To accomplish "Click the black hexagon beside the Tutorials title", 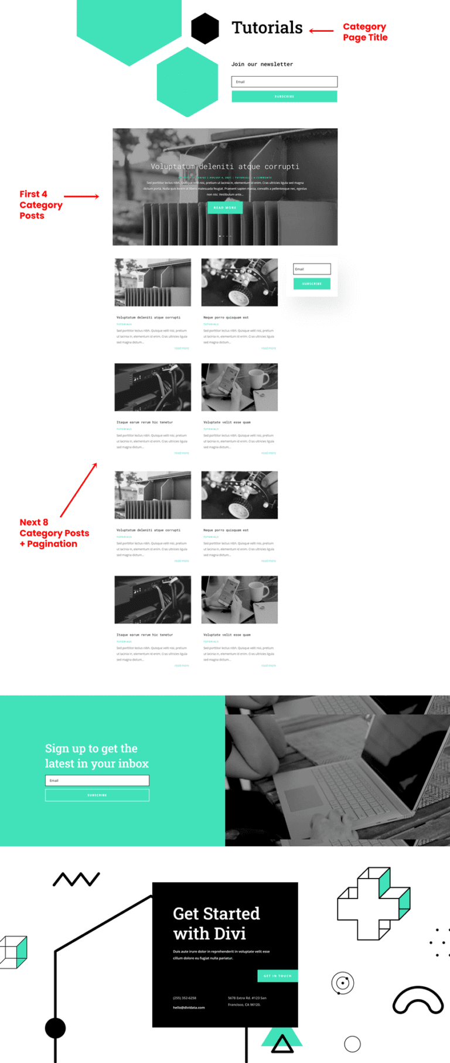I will coord(205,28).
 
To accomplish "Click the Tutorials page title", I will coord(267,28).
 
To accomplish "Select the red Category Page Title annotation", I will coord(365,32).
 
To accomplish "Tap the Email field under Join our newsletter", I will coord(284,82).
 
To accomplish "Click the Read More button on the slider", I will coord(225,207).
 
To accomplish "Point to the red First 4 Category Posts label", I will coord(40,204).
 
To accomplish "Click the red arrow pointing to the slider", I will coord(81,196).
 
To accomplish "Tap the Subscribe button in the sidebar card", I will coord(312,283).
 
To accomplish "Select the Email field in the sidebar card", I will coord(312,269).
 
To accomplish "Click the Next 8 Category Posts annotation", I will coord(54,533).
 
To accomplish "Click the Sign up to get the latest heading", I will coord(97,756).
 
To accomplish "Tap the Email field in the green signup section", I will coord(97,780).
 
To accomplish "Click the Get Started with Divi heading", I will coord(216,923).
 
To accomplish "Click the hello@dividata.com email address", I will coord(189,1007).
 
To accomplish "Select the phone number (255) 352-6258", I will coord(185,998).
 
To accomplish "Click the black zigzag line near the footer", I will coord(76,879).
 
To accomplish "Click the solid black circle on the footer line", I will coord(56,1028).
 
